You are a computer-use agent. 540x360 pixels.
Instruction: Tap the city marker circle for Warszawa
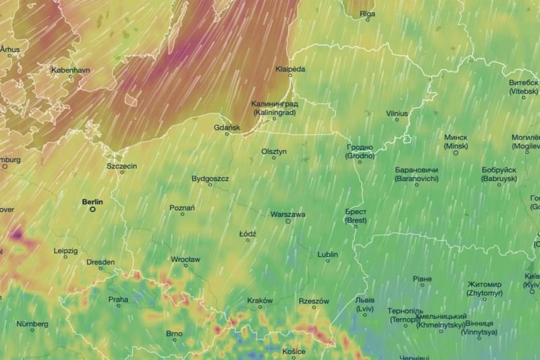pyautogui.click(x=288, y=222)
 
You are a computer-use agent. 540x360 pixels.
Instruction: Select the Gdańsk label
pyautogui.click(x=227, y=127)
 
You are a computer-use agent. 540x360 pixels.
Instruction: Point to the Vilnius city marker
pyautogui.click(x=397, y=120)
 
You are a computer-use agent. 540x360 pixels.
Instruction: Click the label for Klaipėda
pyautogui.click(x=291, y=70)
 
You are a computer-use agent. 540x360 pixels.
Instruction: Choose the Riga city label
pyautogui.click(x=367, y=13)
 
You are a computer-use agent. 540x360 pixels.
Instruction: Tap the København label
pyautogui.click(x=71, y=70)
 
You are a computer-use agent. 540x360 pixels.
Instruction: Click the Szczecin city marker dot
pyautogui.click(x=122, y=172)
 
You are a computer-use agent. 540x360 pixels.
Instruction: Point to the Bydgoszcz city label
pyautogui.click(x=211, y=179)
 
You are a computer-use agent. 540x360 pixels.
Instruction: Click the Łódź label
pyautogui.click(x=248, y=234)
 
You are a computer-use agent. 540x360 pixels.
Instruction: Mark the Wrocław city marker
pyautogui.click(x=185, y=267)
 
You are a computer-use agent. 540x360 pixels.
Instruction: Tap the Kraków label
pyautogui.click(x=260, y=301)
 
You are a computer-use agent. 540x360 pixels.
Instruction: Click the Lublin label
pyautogui.click(x=328, y=255)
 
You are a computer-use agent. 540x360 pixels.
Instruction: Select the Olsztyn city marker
pyautogui.click(x=274, y=158)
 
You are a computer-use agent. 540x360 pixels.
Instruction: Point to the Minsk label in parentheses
pyautogui.click(x=456, y=146)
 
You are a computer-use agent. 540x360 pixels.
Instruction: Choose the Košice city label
pyautogui.click(x=294, y=351)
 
